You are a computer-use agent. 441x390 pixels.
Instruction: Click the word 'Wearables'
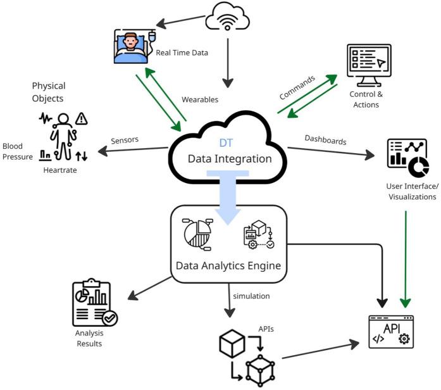200,99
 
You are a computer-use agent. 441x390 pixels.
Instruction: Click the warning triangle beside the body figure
80,118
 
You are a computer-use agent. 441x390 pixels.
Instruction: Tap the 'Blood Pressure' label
17,151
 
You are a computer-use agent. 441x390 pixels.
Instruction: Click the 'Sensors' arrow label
125,140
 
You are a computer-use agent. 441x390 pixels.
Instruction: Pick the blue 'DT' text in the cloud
226,144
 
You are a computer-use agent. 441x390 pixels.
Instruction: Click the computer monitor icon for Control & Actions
368,65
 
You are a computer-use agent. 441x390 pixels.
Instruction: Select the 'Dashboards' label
325,139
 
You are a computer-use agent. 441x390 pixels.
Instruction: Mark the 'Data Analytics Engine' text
228,265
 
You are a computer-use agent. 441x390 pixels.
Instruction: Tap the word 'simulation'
251,296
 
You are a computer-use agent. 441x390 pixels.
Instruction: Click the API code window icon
390,332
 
